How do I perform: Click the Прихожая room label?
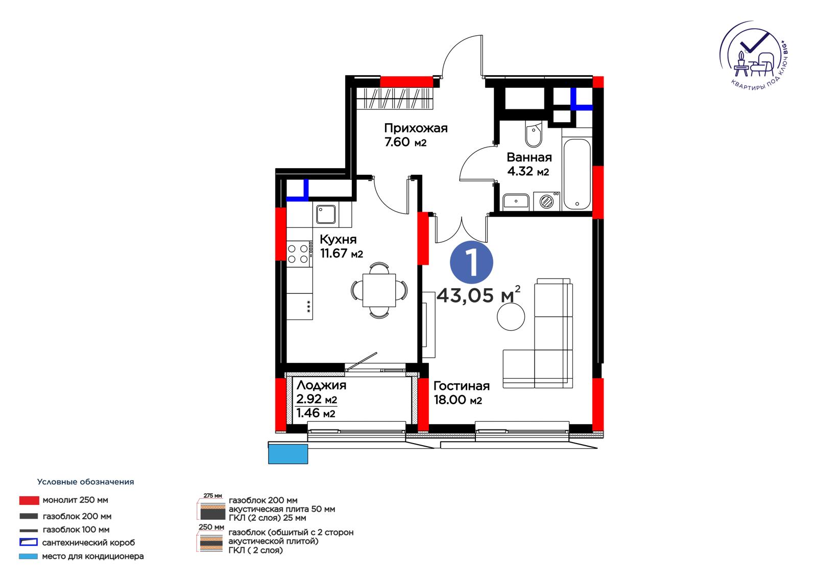416,128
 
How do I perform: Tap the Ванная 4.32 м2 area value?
528,171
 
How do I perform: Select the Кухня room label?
338,240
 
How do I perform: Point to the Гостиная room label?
462,386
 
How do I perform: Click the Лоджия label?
321,385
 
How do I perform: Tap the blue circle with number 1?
471,262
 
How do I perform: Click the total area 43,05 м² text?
478,295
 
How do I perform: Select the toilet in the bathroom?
534,134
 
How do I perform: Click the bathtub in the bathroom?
576,174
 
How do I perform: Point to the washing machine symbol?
546,201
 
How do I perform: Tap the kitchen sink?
326,214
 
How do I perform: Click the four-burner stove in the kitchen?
299,254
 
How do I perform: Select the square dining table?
379,290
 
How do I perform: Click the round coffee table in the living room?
511,316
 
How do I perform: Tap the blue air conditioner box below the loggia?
288,454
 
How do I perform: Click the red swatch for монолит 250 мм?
29,500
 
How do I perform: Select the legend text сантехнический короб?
89,543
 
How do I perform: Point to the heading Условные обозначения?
85,482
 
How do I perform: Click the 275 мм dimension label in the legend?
212,496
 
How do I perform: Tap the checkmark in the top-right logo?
754,43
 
